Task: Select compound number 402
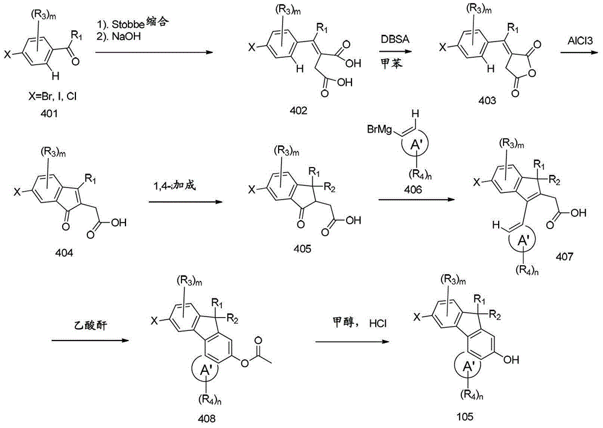(x=299, y=111)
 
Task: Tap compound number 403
(x=487, y=100)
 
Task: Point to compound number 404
(x=65, y=253)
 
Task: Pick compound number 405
(x=302, y=249)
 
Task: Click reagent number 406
(x=412, y=189)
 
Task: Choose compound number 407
(x=564, y=256)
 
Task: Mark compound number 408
(x=206, y=418)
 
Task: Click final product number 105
(x=465, y=416)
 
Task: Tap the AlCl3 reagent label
(x=580, y=40)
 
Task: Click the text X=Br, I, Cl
(x=52, y=96)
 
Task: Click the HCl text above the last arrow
(x=378, y=323)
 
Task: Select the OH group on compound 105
(x=511, y=359)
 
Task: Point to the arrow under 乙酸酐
(x=90, y=340)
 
